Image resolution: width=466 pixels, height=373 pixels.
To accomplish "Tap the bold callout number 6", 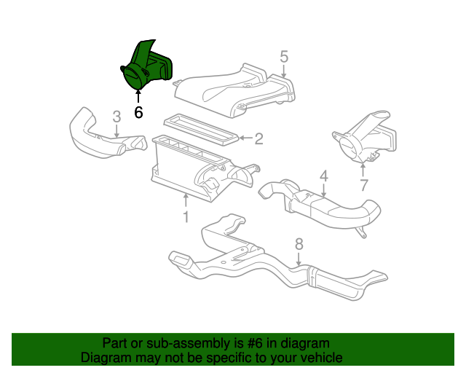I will pos(138,112).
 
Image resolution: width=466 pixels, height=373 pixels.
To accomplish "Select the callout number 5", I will pos(284,56).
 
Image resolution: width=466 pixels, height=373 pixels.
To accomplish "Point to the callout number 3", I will pos(116,116).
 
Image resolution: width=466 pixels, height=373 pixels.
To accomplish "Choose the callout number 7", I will pos(364,185).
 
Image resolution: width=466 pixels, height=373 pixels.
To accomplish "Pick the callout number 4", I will pos(323,176).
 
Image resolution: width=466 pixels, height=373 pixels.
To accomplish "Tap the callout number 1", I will pos(186,216).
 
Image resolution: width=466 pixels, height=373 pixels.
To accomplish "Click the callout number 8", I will pos(299,244).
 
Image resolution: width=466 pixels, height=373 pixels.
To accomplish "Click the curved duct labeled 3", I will pos(95,135).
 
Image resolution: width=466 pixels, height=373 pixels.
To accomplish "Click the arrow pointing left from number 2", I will pos(245,136).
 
